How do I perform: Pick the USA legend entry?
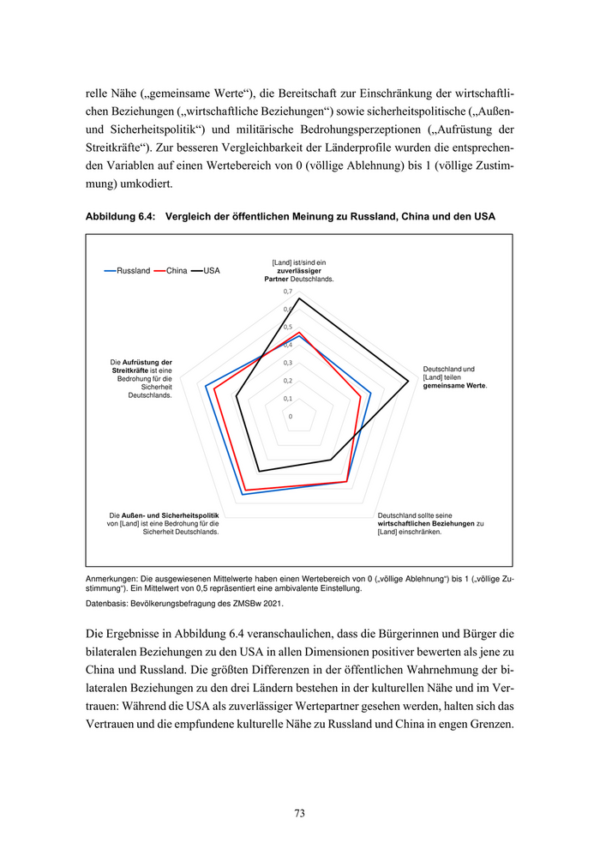211,271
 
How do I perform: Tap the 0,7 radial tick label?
288,292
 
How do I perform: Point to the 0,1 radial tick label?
288,399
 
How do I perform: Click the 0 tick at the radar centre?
291,417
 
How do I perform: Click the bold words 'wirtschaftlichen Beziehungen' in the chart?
426,523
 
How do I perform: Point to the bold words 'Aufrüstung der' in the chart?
147,362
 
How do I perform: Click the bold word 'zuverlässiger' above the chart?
299,271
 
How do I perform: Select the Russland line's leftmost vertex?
206,386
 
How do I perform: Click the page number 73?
299,813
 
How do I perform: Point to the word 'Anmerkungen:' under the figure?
112,579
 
